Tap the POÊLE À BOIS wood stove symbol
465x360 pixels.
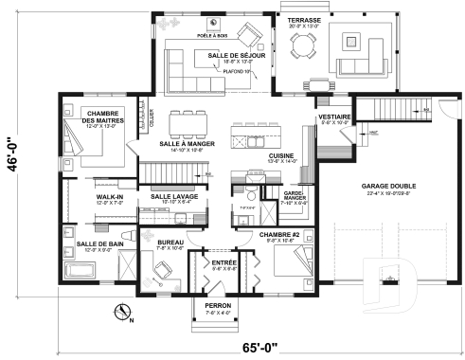click(x=215, y=25)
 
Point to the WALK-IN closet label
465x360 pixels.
click(x=110, y=197)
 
